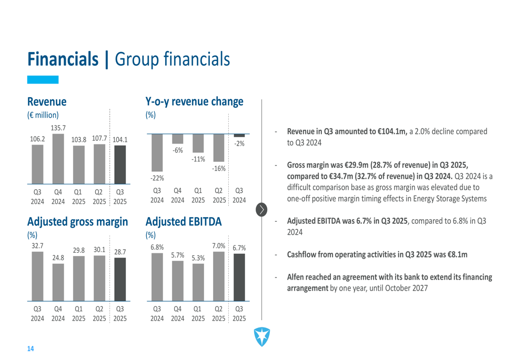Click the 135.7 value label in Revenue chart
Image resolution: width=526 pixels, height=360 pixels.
(58, 128)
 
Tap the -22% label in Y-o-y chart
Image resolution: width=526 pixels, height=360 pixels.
(157, 179)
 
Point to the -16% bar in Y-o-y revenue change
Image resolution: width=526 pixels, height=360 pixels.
(218, 148)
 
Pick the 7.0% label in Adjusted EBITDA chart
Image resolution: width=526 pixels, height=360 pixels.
(218, 245)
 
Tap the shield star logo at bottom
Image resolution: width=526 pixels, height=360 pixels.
(261, 336)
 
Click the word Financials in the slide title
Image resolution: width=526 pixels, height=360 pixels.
(64, 59)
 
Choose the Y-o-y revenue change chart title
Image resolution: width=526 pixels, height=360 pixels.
(194, 101)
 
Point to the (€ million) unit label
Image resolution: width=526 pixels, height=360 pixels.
(43, 115)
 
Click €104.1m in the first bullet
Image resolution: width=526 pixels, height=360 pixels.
(391, 131)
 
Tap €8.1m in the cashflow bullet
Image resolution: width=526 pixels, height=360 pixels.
(456, 254)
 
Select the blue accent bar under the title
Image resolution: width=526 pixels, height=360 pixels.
(43, 79)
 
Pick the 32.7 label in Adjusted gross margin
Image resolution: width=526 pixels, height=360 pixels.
(37, 245)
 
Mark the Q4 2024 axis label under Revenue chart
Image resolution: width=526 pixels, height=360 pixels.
(58, 197)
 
